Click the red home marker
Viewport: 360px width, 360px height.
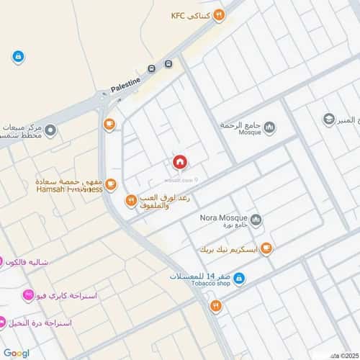click(179, 163)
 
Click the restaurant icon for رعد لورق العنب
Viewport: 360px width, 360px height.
click(130, 200)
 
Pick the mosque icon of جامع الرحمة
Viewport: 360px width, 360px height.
click(269, 128)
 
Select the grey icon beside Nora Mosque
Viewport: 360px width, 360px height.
click(256, 220)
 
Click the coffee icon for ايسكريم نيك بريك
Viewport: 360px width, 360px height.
click(266, 249)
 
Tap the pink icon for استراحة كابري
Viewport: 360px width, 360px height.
click(27, 295)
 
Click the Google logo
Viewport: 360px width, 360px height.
click(16, 353)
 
